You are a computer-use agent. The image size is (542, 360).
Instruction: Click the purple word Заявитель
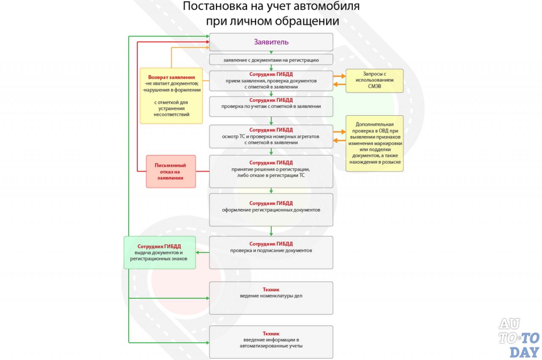pyautogui.click(x=271, y=42)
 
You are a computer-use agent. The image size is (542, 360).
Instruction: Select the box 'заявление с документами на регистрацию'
pyautogui.click(x=271, y=60)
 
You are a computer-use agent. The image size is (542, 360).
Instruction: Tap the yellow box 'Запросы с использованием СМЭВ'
pyautogui.click(x=374, y=80)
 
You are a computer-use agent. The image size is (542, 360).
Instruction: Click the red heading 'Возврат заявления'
pyautogui.click(x=171, y=77)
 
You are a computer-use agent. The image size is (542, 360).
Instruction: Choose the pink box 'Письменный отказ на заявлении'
pyautogui.click(x=171, y=172)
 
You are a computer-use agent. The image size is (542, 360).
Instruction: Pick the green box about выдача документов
pyautogui.click(x=160, y=252)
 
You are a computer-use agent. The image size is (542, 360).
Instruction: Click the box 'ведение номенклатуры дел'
pyautogui.click(x=271, y=298)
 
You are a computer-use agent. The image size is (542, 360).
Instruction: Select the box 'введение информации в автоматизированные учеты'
pyautogui.click(x=271, y=342)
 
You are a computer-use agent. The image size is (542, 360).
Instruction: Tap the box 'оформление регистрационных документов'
pyautogui.click(x=271, y=210)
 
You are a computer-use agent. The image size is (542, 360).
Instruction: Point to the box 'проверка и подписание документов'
pyautogui.click(x=271, y=252)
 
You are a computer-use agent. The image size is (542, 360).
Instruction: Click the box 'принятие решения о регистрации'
pyautogui.click(x=271, y=172)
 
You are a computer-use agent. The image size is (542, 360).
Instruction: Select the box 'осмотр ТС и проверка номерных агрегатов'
pyautogui.click(x=271, y=136)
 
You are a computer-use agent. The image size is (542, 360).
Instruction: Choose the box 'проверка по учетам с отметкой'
pyautogui.click(x=271, y=106)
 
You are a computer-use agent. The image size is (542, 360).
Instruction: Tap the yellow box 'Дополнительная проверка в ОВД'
pyautogui.click(x=374, y=144)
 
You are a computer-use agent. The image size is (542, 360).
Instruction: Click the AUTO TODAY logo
pyautogui.click(x=519, y=338)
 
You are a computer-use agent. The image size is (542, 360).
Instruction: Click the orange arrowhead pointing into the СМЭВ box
pyautogui.click(x=343, y=76)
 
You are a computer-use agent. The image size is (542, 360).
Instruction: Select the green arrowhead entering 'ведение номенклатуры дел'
pyautogui.click(x=207, y=298)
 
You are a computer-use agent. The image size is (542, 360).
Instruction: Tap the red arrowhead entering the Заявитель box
pyautogui.click(x=207, y=42)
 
